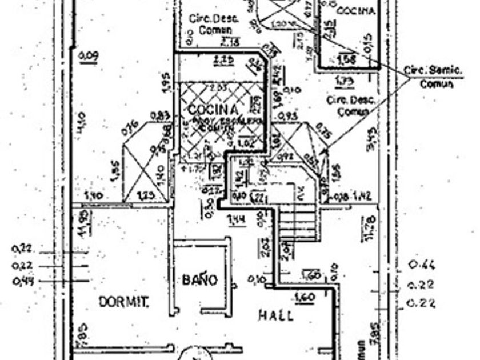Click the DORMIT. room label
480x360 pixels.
pyautogui.click(x=123, y=301)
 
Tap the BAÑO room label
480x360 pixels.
pyautogui.click(x=200, y=280)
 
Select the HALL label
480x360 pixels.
pyautogui.click(x=276, y=315)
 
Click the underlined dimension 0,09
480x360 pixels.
pyautogui.click(x=89, y=55)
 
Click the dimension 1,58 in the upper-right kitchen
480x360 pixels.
pyautogui.click(x=346, y=58)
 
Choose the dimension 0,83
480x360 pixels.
pyautogui.click(x=161, y=116)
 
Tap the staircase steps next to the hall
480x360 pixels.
pyautogui.click(x=297, y=223)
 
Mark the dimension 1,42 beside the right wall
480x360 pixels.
pyautogui.click(x=362, y=196)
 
